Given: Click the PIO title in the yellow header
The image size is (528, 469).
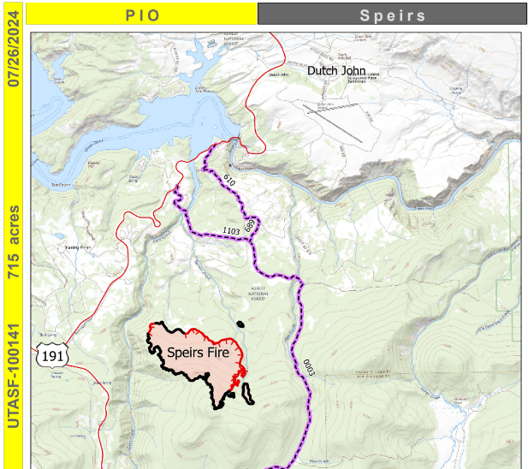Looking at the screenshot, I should coord(141,15).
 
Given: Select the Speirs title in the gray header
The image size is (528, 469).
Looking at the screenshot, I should coord(391,15).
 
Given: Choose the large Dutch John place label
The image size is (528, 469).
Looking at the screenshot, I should coord(336,71).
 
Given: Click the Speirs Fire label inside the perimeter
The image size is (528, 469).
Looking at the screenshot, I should coord(197,352).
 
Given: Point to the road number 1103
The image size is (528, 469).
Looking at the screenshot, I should coord(230,231).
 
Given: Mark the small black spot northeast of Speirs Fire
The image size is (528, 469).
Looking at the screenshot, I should coord(241,324).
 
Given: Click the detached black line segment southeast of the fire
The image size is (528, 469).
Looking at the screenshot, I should coord(249,395).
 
